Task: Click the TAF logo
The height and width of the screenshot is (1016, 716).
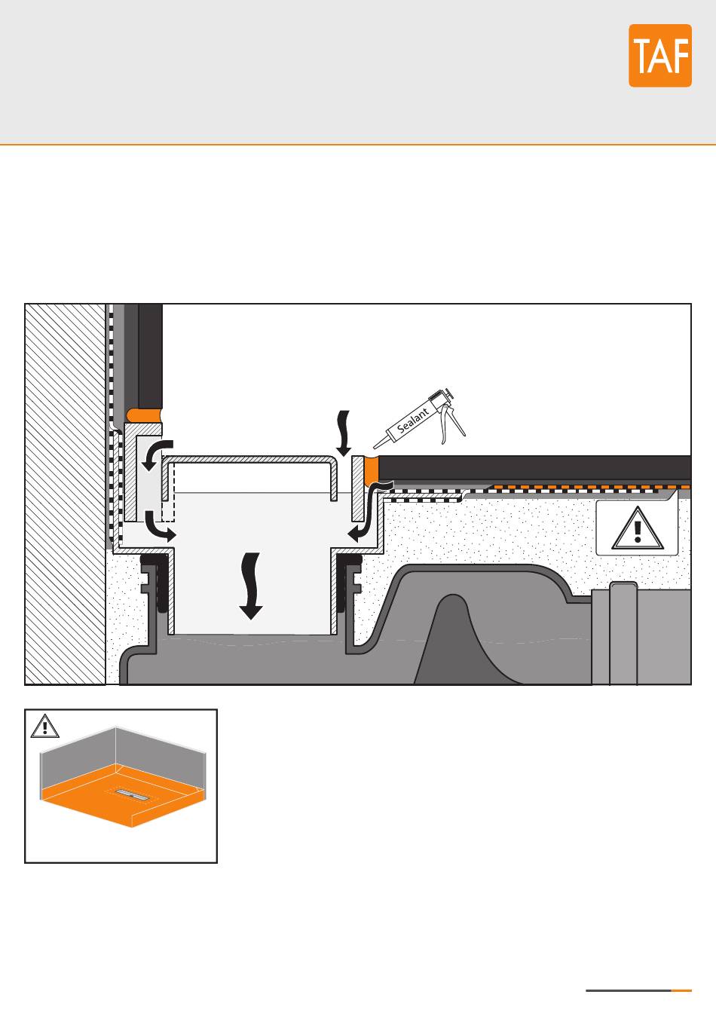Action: coord(660,56)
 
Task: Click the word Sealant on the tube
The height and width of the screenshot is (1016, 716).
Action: coord(413,419)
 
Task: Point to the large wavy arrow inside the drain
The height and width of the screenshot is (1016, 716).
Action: coord(250,585)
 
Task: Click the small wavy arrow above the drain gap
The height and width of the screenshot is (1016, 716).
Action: coord(344,433)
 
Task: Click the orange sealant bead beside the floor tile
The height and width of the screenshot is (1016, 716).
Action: coord(371,471)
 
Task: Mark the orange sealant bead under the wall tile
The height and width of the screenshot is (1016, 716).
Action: coord(145,415)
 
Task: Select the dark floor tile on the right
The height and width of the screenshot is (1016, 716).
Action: coord(535,467)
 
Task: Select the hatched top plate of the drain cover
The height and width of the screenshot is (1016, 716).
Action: coord(249,459)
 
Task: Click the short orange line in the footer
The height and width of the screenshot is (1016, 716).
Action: coord(681,990)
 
